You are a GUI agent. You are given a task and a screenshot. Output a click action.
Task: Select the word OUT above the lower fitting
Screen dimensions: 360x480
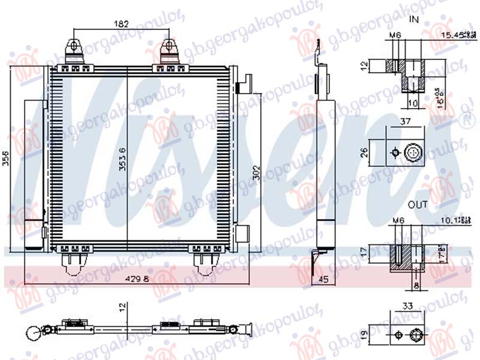coord(418,205)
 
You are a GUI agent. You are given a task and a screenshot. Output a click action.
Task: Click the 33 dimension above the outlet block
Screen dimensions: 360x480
coord(408,306)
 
